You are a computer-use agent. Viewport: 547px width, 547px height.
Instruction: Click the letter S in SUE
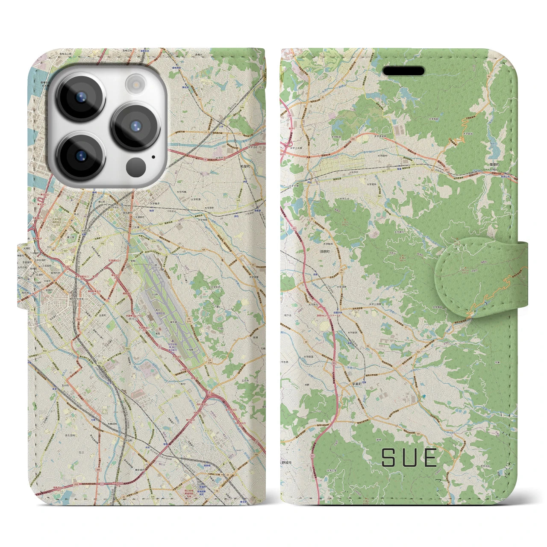[389, 457]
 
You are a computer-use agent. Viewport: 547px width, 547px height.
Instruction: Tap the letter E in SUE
[429, 457]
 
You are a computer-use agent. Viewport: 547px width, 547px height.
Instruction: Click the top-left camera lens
[80, 96]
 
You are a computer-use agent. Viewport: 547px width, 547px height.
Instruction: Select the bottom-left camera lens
[80, 156]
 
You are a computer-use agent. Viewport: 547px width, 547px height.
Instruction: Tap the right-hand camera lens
[135, 126]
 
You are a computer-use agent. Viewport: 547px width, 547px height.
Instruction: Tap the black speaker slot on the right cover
[403, 71]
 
